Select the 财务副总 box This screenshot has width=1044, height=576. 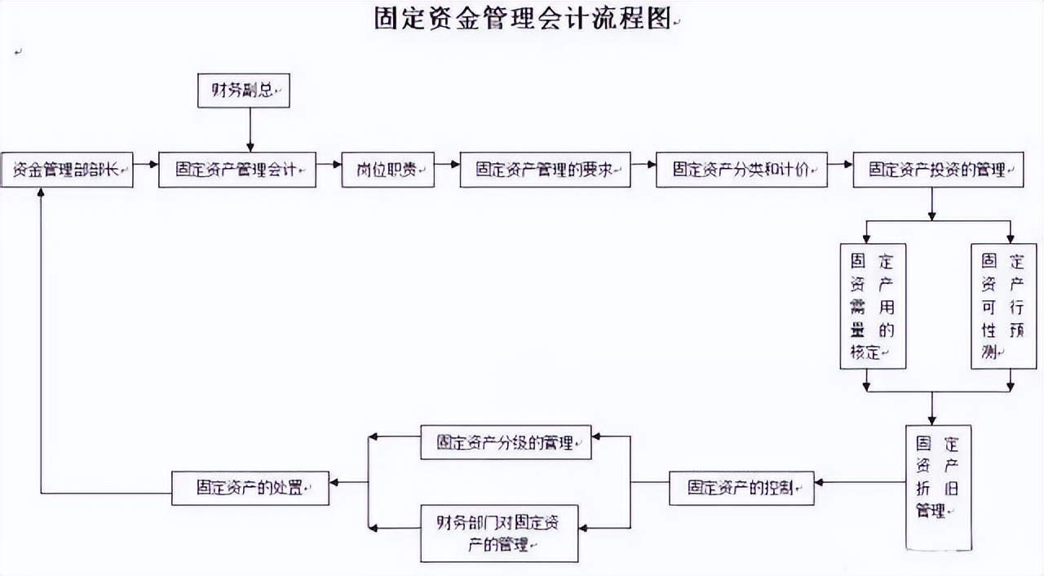[244, 91]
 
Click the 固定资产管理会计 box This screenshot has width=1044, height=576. [237, 170]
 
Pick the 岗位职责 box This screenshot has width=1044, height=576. [388, 170]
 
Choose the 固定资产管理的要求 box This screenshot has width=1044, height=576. [545, 170]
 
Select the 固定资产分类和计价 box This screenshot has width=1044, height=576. [741, 170]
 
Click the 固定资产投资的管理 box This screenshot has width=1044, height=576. [937, 170]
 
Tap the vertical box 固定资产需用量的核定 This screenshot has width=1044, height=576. [873, 306]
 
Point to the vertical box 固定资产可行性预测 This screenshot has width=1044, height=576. [1002, 306]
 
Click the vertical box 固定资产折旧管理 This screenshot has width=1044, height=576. [939, 486]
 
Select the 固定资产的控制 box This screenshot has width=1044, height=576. [741, 488]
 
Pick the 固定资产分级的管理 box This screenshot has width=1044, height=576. [506, 441]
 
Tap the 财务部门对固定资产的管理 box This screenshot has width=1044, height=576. [499, 534]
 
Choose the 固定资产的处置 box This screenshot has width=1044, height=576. [250, 488]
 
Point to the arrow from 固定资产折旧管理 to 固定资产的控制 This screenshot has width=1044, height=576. [860, 482]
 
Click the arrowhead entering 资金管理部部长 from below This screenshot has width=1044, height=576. [41, 194]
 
